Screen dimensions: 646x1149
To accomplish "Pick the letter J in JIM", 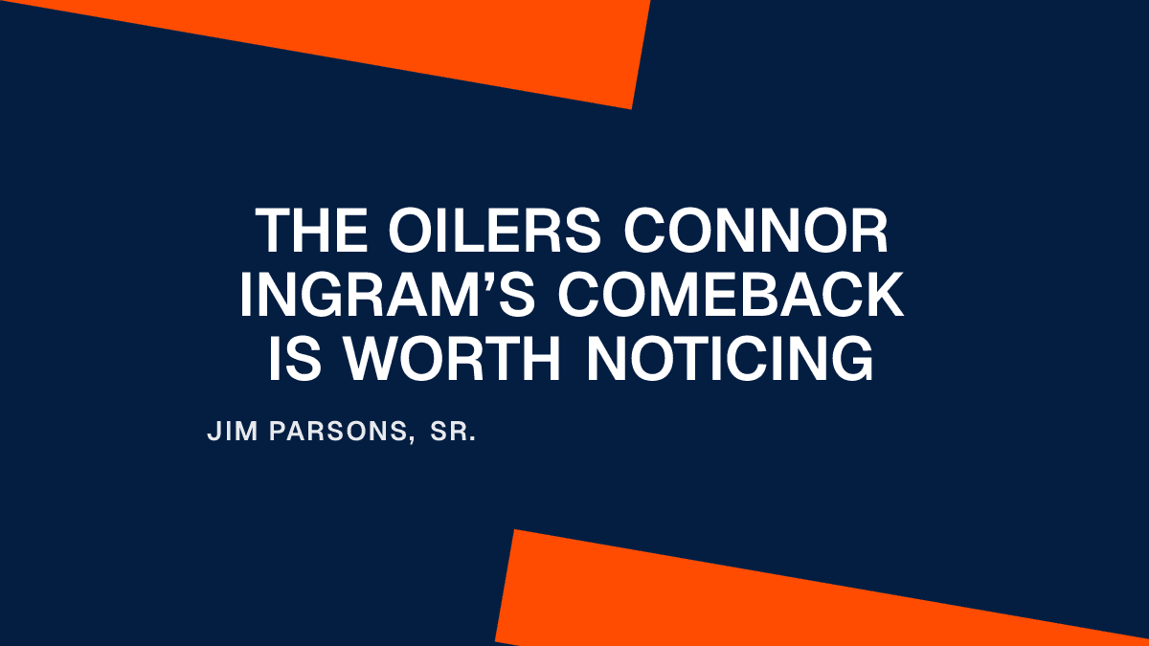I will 213,433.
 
